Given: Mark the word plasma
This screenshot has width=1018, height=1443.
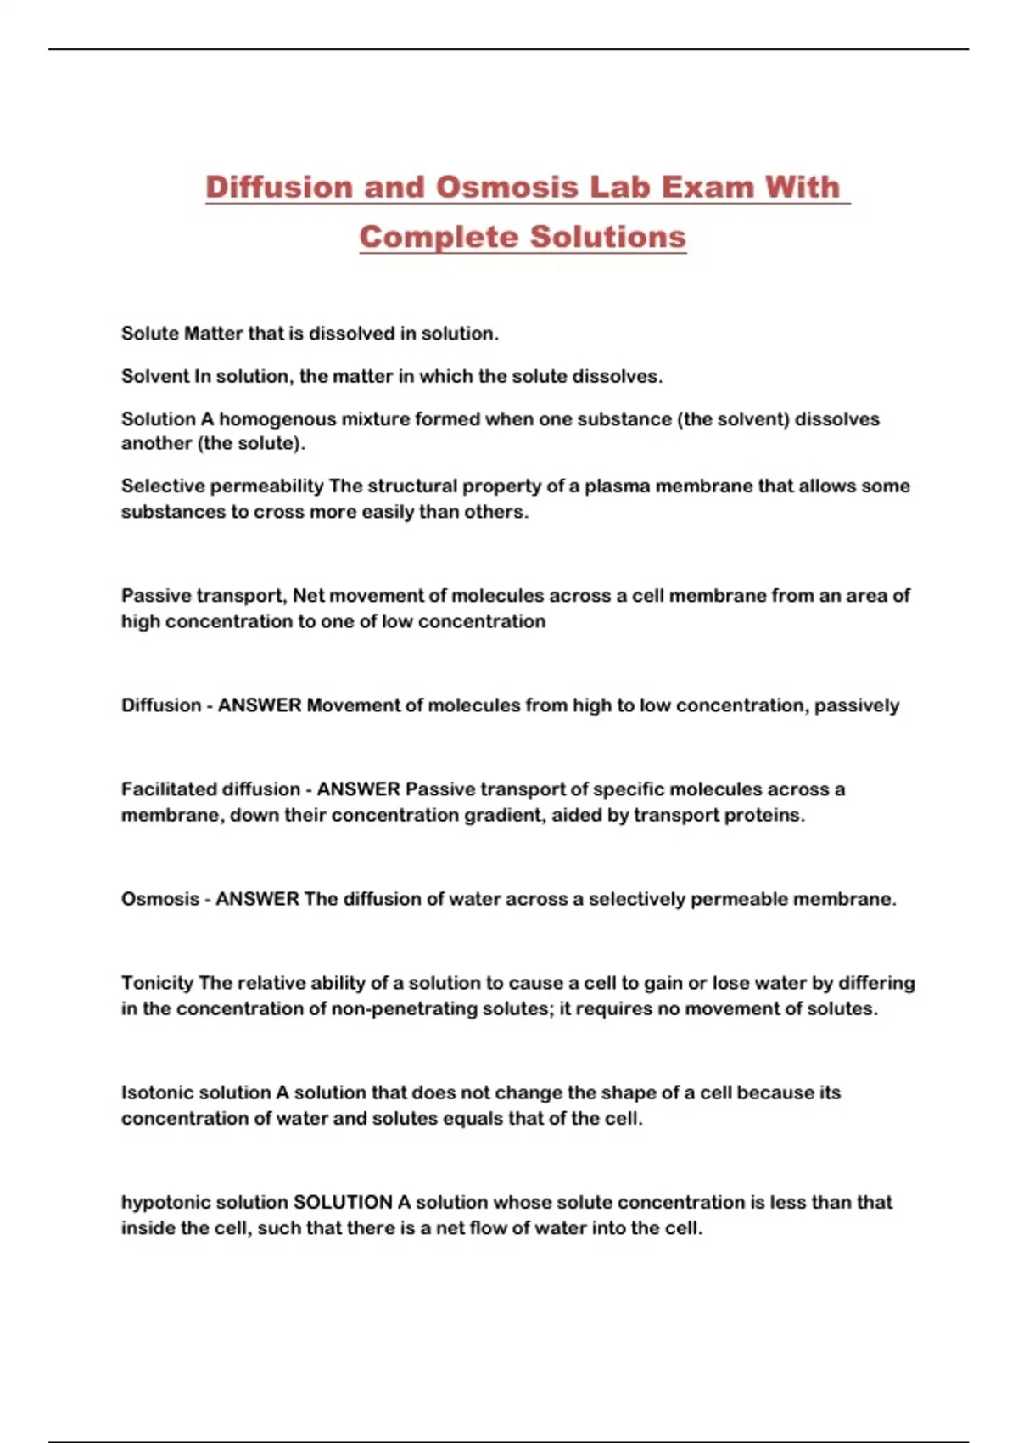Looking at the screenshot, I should tap(618, 486).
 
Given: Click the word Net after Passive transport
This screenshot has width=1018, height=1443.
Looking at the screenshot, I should tap(310, 596).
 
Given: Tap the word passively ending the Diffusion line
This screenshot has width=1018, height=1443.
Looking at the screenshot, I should tap(857, 705).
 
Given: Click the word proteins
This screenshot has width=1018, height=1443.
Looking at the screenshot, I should tap(764, 815).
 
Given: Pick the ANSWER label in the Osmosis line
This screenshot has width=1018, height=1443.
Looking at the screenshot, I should tap(257, 899).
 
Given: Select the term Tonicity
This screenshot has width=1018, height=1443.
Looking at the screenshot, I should tap(157, 983).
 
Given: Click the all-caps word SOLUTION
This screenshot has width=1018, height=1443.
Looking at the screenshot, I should tap(343, 1203).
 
